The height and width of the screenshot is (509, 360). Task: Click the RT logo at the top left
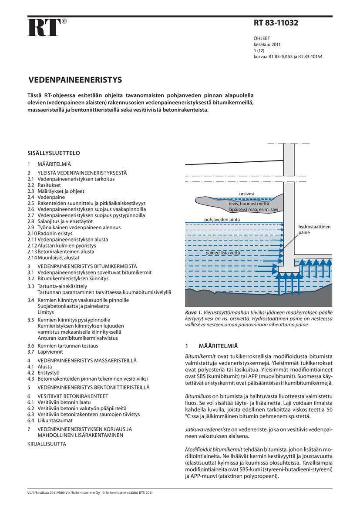[44, 27]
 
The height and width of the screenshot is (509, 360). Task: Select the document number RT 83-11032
[276, 23]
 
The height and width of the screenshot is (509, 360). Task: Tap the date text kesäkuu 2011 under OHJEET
[267, 44]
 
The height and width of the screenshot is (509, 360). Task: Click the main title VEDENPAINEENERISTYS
[75, 80]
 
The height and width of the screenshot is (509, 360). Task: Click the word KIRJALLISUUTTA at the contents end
[47, 444]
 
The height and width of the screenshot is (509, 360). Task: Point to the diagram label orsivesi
[246, 194]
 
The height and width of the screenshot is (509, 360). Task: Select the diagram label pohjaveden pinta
[222, 220]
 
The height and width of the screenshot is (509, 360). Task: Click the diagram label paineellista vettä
[222, 252]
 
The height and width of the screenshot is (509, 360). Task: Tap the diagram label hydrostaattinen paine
[314, 230]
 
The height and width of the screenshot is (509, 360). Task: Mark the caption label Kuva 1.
[194, 313]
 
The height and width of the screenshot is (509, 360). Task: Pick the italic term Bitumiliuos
[199, 396]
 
